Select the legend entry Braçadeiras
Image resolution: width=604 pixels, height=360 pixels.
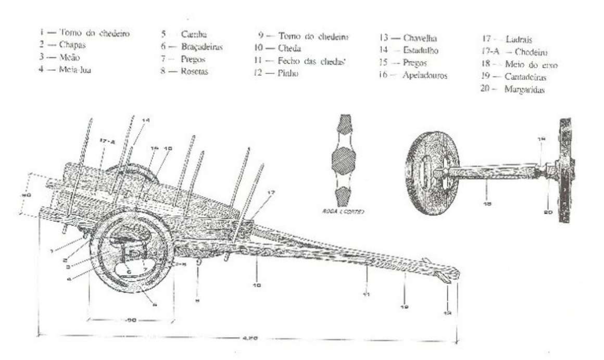click(202, 47)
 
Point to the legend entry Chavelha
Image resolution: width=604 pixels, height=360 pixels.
click(420, 38)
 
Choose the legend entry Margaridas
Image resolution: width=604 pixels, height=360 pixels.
click(524, 90)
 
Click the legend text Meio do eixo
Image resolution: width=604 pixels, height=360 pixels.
click(527, 65)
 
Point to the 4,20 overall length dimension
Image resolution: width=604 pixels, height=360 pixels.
click(249, 338)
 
